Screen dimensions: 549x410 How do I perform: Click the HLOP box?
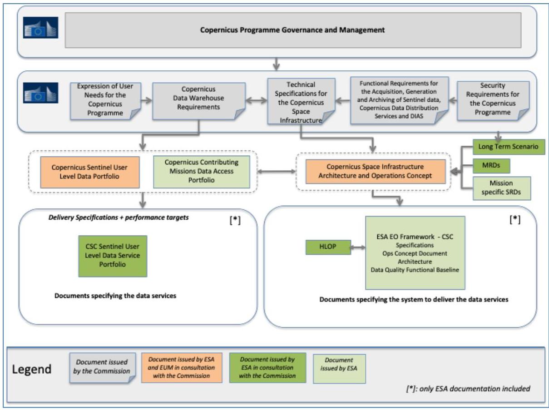(328, 247)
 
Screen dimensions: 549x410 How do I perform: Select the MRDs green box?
(491, 166)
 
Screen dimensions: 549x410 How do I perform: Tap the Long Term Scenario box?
(509, 147)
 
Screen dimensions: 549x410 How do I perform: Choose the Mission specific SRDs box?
(501, 188)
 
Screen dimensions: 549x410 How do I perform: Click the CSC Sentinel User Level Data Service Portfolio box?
(113, 256)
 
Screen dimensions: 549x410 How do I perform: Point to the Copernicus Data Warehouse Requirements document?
(199, 101)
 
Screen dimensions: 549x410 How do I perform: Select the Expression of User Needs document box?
(105, 101)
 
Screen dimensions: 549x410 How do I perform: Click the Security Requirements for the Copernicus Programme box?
(493, 100)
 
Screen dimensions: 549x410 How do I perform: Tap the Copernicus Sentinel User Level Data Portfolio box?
(90, 172)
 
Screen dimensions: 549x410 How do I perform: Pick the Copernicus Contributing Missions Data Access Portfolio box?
(201, 172)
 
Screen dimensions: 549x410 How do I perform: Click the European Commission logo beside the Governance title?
(40, 28)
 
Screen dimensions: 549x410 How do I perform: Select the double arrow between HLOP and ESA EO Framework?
(358, 247)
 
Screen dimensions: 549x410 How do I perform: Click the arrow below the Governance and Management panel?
(276, 64)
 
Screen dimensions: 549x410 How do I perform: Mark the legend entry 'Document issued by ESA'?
(339, 369)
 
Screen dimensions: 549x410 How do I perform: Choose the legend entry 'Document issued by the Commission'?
(103, 367)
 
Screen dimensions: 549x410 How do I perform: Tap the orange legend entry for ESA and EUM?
(182, 367)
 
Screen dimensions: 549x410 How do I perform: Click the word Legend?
(32, 369)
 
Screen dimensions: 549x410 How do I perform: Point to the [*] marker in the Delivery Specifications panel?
(235, 220)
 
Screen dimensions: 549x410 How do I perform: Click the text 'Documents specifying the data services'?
(115, 296)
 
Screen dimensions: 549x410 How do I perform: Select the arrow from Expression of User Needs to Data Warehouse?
(147, 100)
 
